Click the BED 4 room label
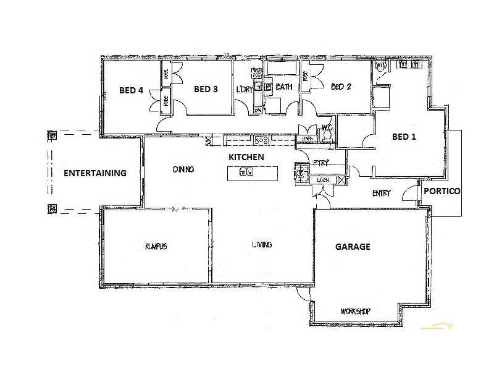pyautogui.click(x=131, y=90)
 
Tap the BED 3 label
pyautogui.click(x=206, y=89)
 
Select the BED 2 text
pyautogui.click(x=341, y=87)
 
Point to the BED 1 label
pyautogui.click(x=404, y=137)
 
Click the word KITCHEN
pyautogui.click(x=246, y=158)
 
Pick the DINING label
pyautogui.click(x=183, y=169)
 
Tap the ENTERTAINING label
pyautogui.click(x=95, y=173)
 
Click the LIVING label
pyautogui.click(x=262, y=245)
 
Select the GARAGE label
pyautogui.click(x=353, y=247)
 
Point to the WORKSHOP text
pyautogui.click(x=355, y=311)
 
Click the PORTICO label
pyautogui.click(x=442, y=192)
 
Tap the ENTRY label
pyautogui.click(x=382, y=194)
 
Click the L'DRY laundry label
pyautogui.click(x=245, y=89)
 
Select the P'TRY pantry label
pyautogui.click(x=321, y=163)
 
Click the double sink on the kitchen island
pyautogui.click(x=247, y=173)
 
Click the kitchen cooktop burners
pyautogui.click(x=260, y=140)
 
